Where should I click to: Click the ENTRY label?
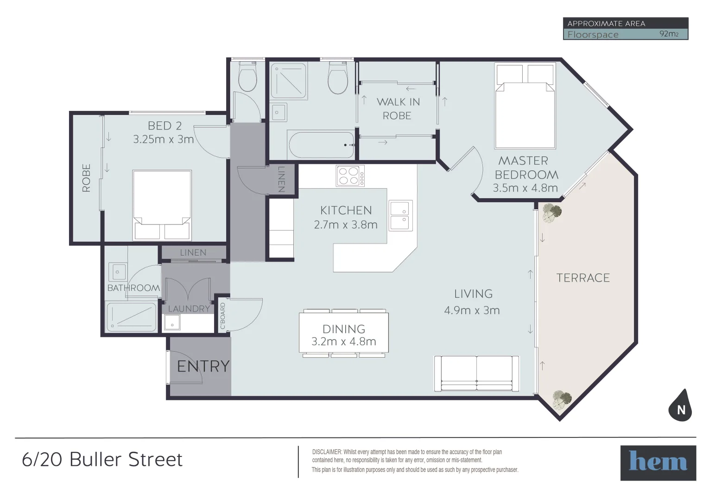coord(203,366)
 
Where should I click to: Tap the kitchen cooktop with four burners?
coord(350,176)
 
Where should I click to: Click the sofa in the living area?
coord(477,374)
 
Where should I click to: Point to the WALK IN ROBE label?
coord(398,109)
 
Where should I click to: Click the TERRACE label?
coord(583,278)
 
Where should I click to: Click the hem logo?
coord(658,462)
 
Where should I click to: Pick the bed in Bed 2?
coord(162,205)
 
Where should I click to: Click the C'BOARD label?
coord(223,315)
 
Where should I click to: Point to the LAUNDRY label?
coord(189,308)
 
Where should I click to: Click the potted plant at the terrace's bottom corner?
coord(562,399)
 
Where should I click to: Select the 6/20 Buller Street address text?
coord(102,460)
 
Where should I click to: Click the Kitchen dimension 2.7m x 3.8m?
coord(346,225)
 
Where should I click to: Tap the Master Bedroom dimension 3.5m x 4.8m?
coord(525,188)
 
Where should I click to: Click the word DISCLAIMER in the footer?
coord(327,452)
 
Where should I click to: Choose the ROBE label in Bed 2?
coord(86,178)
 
